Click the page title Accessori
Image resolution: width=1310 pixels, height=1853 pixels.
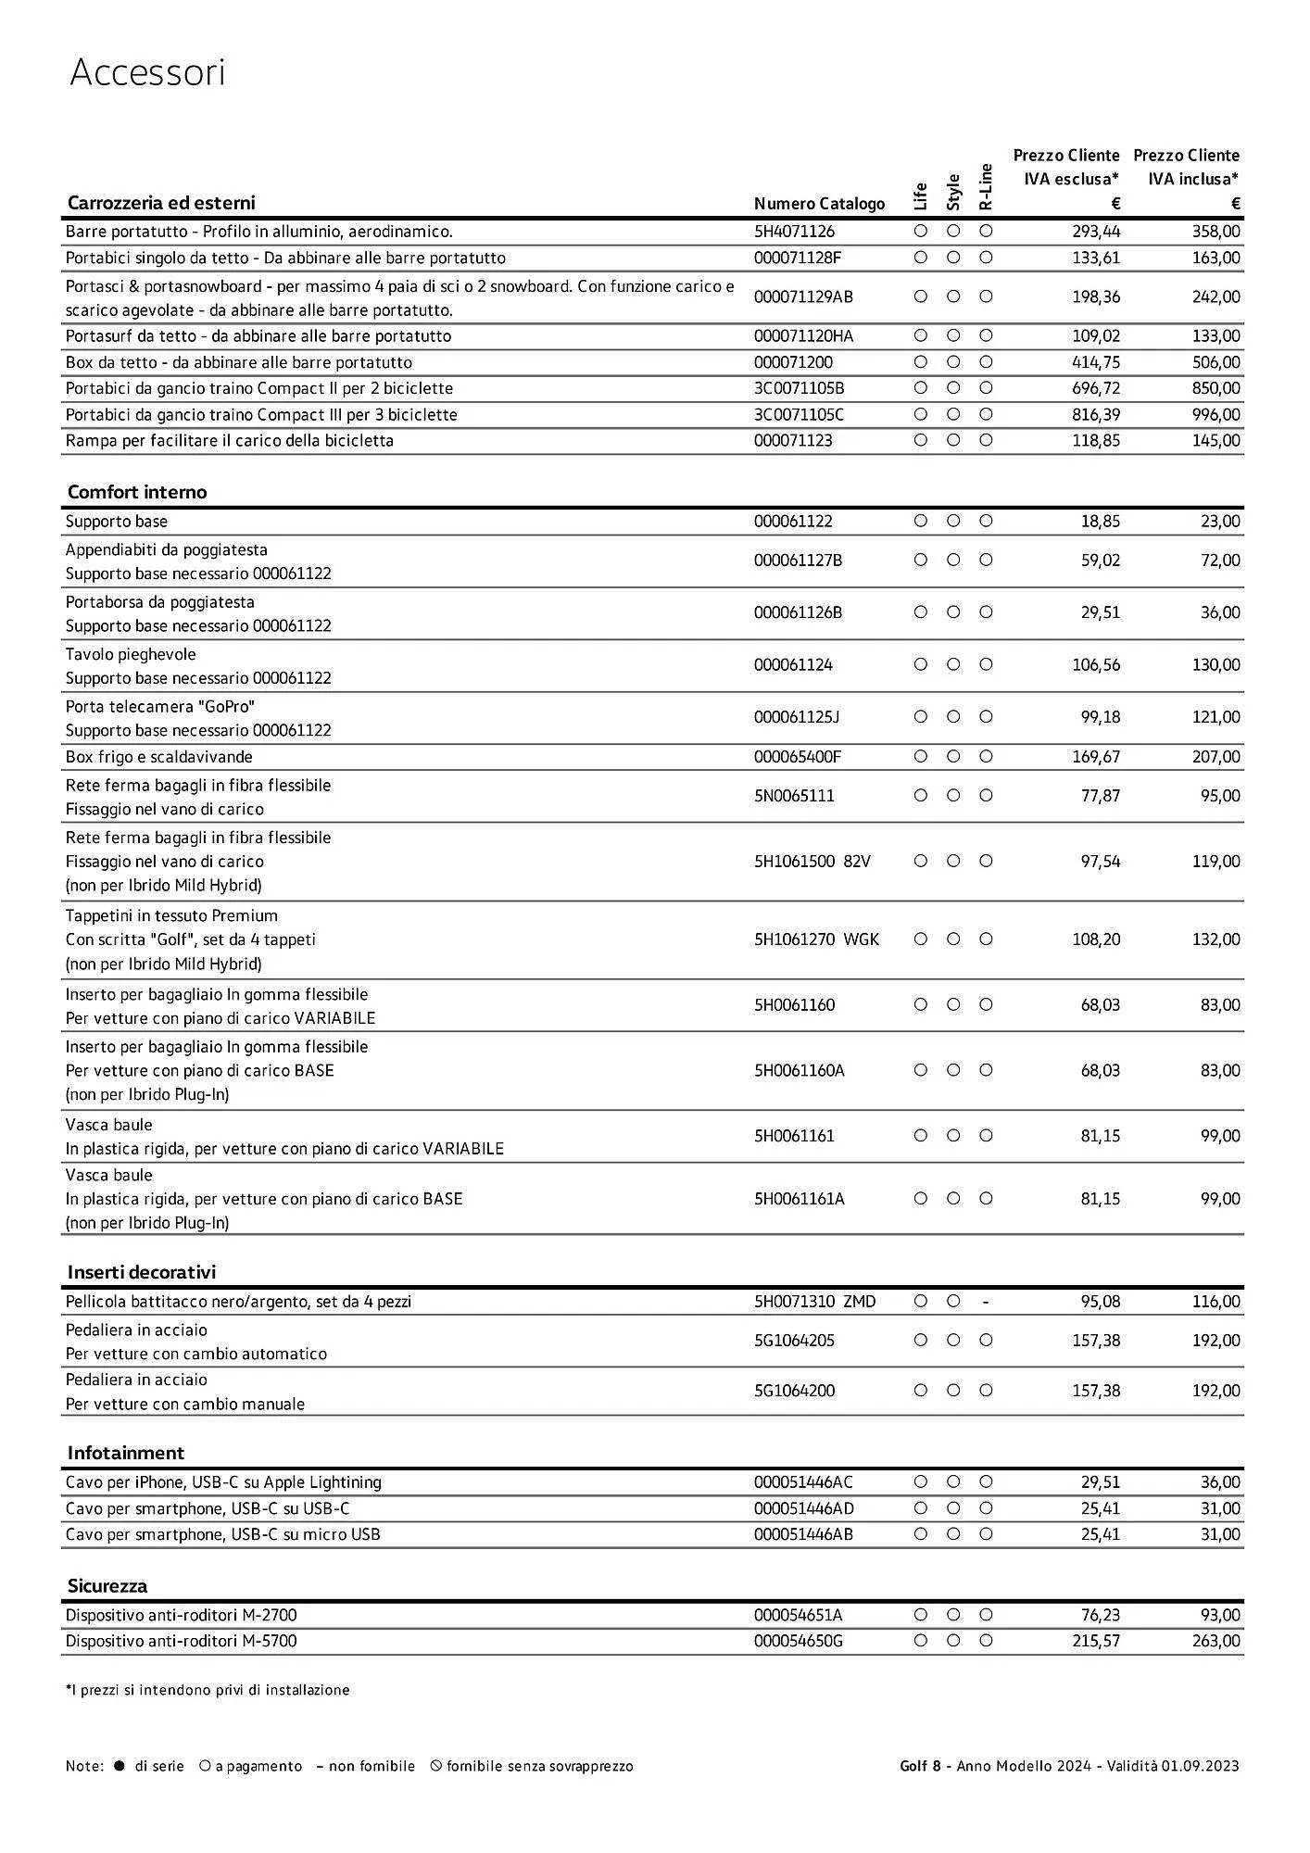pyautogui.click(x=147, y=73)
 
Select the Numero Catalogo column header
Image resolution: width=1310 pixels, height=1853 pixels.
pyautogui.click(x=819, y=204)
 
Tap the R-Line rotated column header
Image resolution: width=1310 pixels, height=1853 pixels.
pyautogui.click(x=986, y=187)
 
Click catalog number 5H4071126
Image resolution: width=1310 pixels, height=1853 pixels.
pyautogui.click(x=794, y=232)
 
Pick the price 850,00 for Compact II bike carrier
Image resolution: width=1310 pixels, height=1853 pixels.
pyautogui.click(x=1216, y=388)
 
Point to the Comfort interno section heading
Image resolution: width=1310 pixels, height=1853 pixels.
pyautogui.click(x=137, y=492)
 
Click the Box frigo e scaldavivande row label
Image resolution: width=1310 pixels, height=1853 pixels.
pyautogui.click(x=158, y=757)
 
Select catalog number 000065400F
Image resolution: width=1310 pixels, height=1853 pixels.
pyautogui.click(x=797, y=757)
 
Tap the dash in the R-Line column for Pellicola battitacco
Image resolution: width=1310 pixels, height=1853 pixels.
pyautogui.click(x=986, y=1302)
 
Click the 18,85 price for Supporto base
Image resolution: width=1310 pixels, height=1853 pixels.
pyautogui.click(x=1100, y=522)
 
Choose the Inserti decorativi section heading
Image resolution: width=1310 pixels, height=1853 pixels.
pyautogui.click(x=141, y=1272)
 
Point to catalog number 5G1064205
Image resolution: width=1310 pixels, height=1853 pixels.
pyautogui.click(x=794, y=1341)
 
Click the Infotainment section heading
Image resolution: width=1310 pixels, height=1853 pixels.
pyautogui.click(x=126, y=1453)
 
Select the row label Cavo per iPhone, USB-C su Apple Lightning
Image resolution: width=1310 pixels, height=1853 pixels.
pyautogui.click(x=223, y=1482)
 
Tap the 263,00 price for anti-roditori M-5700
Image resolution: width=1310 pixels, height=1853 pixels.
pyautogui.click(x=1216, y=1641)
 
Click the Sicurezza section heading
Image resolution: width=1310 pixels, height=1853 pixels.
pyautogui.click(x=107, y=1586)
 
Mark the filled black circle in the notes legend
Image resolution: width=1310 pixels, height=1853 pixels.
pyautogui.click(x=119, y=1766)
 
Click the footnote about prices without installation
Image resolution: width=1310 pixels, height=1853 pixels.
pyautogui.click(x=208, y=1690)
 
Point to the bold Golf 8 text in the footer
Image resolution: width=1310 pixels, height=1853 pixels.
pyautogui.click(x=920, y=1766)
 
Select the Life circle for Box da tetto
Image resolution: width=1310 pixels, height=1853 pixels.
pyautogui.click(x=920, y=362)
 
